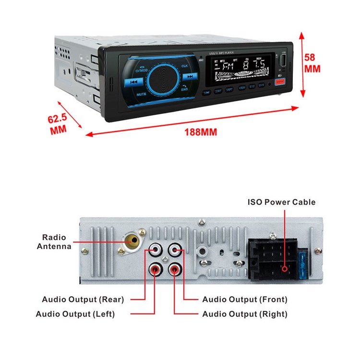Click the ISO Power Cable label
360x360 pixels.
tap(282, 202)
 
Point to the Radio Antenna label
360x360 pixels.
tap(54, 242)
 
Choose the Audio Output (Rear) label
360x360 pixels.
tap(83, 300)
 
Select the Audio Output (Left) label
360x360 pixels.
tap(75, 314)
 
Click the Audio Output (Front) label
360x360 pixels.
tap(245, 300)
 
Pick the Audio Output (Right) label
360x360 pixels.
tap(245, 314)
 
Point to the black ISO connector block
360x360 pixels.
tap(272, 259)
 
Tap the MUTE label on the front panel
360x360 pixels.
tap(141, 94)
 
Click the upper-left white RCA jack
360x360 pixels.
tap(155, 250)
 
